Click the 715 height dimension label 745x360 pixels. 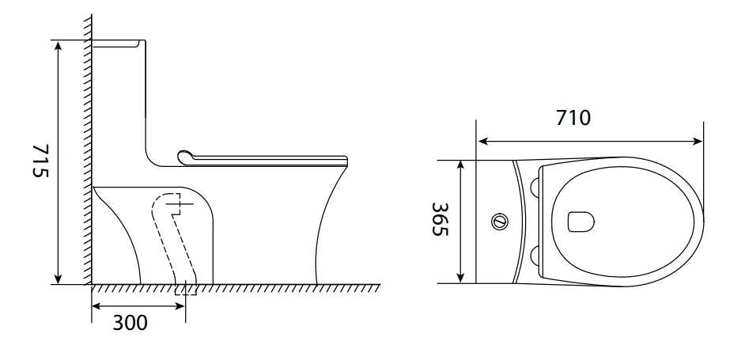(40, 161)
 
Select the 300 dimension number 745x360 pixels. (130, 323)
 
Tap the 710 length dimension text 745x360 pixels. (573, 118)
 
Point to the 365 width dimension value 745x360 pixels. (440, 219)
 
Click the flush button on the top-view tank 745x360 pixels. (499, 221)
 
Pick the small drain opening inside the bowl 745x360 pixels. (581, 222)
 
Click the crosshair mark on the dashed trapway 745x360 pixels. (180, 203)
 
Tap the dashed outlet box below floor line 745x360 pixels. (185, 289)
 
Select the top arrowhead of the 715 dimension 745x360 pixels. (58, 46)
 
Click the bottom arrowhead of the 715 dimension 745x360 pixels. (58, 279)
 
